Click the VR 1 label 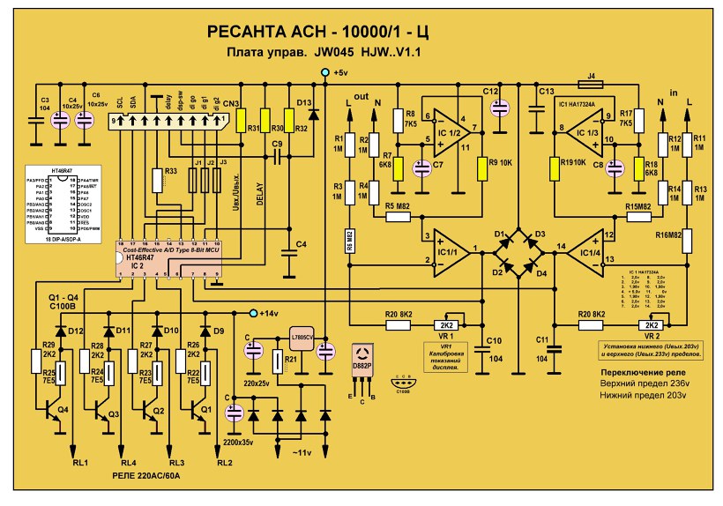446,337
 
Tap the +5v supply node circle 325,72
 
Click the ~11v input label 302,451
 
